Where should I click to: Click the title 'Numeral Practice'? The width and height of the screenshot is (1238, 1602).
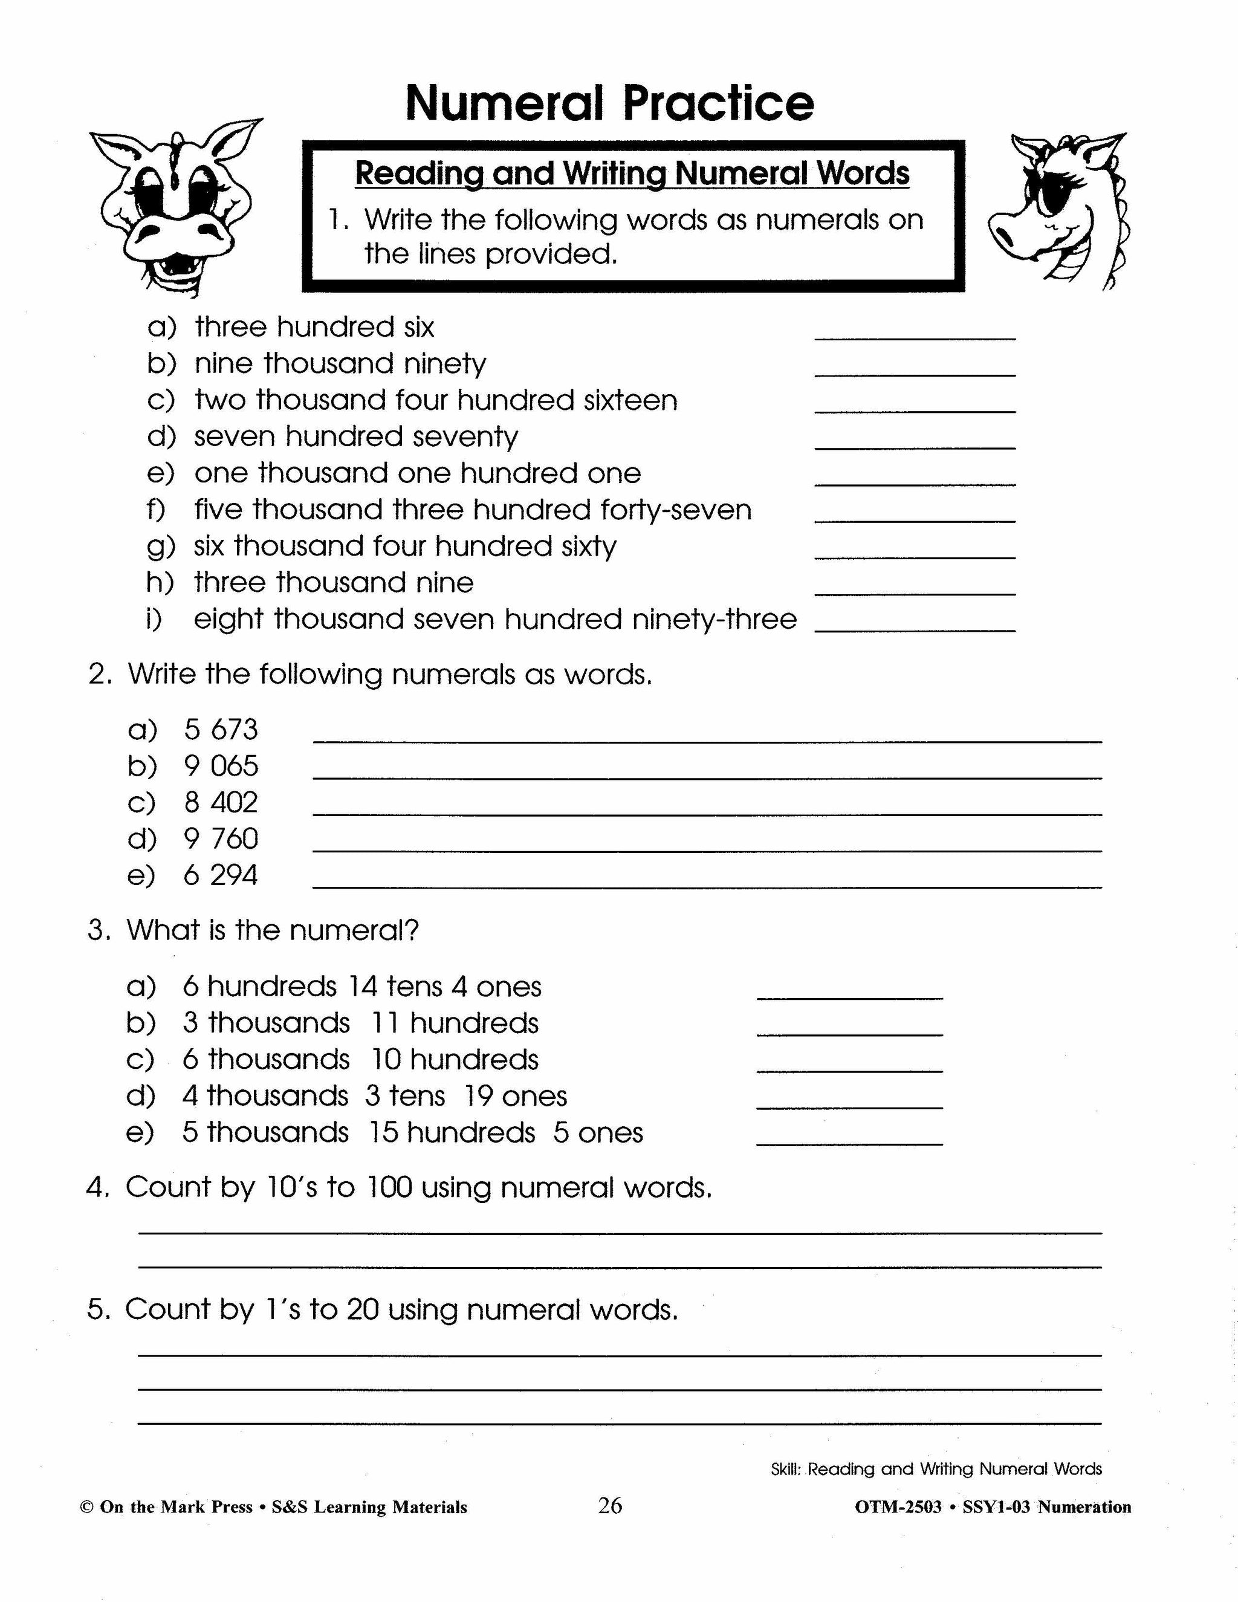[x=609, y=103]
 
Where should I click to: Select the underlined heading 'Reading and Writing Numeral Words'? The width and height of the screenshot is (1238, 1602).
[x=632, y=174]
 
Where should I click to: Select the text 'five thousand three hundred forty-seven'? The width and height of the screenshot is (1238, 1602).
[x=473, y=510]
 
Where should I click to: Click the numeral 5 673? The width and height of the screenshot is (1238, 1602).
[x=221, y=730]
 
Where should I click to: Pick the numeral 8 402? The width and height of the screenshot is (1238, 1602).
[x=221, y=802]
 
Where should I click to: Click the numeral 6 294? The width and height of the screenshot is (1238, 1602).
[x=221, y=875]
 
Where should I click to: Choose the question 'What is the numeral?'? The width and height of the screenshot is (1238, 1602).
[x=272, y=930]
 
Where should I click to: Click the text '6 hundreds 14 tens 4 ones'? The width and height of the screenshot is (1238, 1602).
[x=361, y=987]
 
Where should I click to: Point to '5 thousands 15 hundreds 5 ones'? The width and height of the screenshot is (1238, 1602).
[x=412, y=1132]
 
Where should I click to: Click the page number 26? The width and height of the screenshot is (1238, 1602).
[x=610, y=1506]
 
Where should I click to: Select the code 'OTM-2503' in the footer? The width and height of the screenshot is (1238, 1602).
[x=898, y=1507]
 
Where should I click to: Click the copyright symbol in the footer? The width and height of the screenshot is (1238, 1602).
[x=86, y=1507]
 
